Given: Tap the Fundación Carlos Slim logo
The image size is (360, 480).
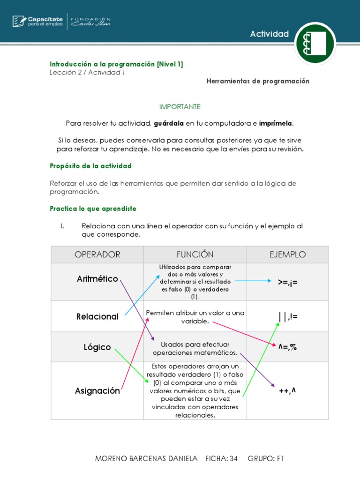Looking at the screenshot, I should (x=90, y=21).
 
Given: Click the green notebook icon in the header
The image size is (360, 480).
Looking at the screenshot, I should (x=315, y=42).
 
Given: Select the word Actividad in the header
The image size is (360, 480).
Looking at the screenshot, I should (x=269, y=34).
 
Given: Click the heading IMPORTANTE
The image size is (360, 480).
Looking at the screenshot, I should (x=180, y=106).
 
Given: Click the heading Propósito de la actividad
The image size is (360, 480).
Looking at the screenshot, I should (x=90, y=166).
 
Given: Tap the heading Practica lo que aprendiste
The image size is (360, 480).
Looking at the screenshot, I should (x=93, y=208).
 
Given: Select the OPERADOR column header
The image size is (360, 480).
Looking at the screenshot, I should (x=97, y=255).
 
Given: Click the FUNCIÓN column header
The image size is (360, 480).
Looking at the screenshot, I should (x=195, y=255).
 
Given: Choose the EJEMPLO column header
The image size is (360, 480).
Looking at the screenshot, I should (x=287, y=255).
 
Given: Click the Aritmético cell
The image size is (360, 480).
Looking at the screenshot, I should (x=97, y=279).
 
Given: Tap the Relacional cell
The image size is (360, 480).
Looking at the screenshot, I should (x=97, y=316).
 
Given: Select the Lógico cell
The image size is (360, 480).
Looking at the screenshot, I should (x=97, y=347).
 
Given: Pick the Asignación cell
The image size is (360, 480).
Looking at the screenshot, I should (x=97, y=390).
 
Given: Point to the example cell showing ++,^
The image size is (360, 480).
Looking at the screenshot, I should (x=287, y=390).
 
